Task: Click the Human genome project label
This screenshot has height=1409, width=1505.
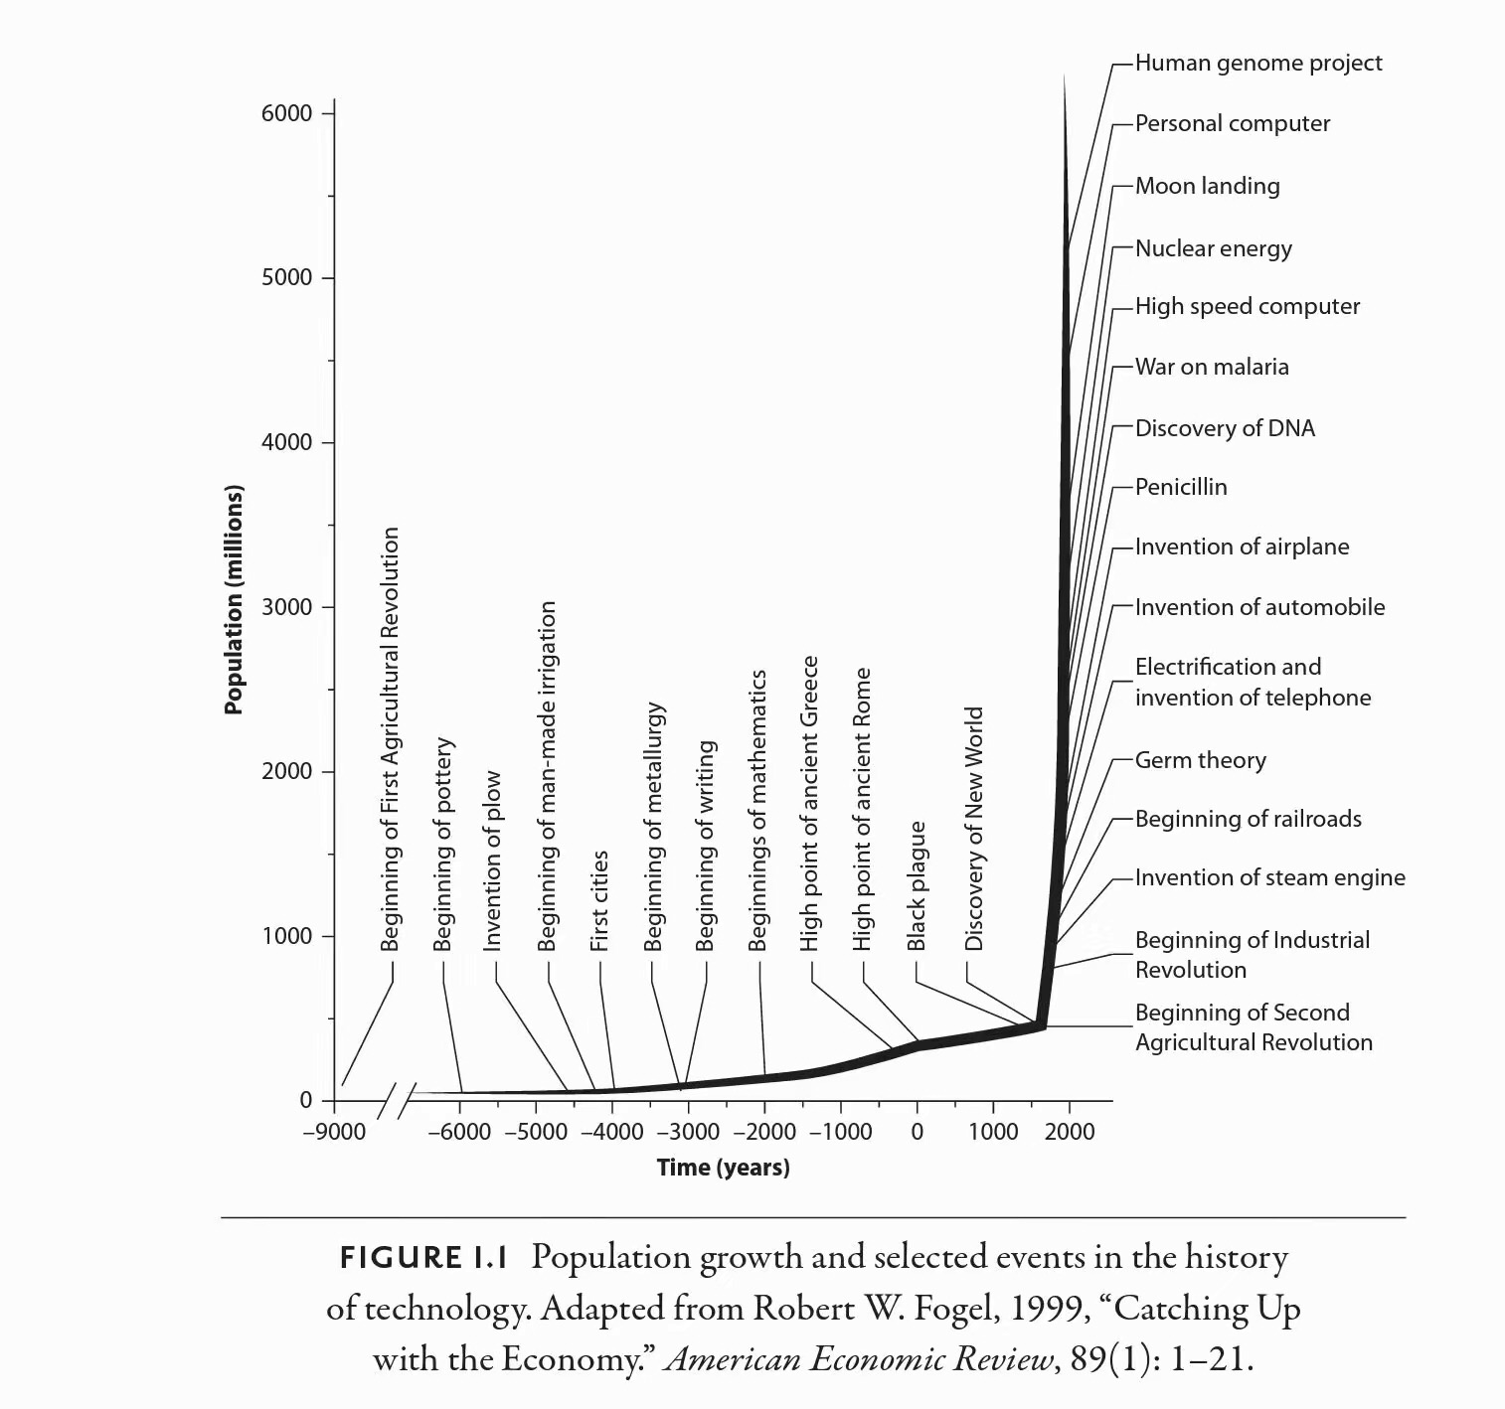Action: click(x=1257, y=64)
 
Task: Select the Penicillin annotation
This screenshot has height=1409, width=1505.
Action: click(x=1181, y=487)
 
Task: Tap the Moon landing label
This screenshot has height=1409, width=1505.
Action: click(x=1207, y=186)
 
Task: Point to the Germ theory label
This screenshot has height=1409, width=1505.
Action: click(x=1200, y=760)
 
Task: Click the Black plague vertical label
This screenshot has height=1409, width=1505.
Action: click(x=917, y=884)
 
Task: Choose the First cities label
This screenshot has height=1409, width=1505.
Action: click(x=599, y=900)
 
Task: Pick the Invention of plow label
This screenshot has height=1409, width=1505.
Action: click(x=492, y=861)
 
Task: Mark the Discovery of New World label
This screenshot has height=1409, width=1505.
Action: click(x=974, y=828)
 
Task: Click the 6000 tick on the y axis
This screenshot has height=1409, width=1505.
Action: click(x=287, y=113)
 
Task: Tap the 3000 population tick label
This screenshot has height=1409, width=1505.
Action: click(x=287, y=607)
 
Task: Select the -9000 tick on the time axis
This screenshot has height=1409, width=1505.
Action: click(x=334, y=1132)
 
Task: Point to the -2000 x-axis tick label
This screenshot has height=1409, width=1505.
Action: click(x=764, y=1132)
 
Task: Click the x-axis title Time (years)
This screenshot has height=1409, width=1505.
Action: click(x=723, y=1168)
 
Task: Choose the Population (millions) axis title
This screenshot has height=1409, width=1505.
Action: click(x=234, y=599)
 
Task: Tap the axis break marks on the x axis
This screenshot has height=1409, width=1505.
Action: click(x=398, y=1099)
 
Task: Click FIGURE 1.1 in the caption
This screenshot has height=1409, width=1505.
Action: click(x=424, y=1258)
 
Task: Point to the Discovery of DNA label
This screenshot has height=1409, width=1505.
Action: click(x=1225, y=428)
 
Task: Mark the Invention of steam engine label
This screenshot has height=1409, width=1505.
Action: click(x=1269, y=877)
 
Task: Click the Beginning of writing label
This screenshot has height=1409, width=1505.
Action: click(x=705, y=845)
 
